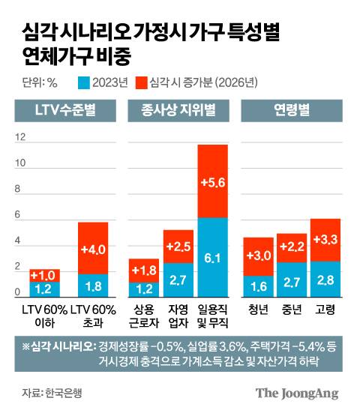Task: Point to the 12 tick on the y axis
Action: [20, 137]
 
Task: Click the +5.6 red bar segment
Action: [212, 181]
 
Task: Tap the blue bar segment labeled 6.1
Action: [212, 258]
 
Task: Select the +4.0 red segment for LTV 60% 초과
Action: [93, 248]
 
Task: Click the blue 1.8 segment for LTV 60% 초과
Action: [93, 286]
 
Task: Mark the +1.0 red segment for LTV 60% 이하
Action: [44, 275]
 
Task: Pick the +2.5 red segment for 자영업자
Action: [178, 247]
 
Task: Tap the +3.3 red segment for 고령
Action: [325, 240]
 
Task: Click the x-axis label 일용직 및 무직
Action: [212, 315]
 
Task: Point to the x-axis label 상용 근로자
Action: [144, 315]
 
